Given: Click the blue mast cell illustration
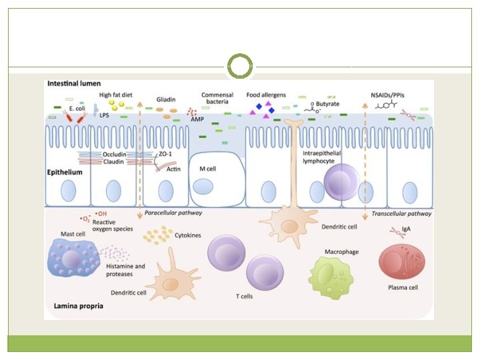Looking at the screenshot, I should coord(73,259).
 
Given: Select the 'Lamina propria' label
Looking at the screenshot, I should coord(75,307).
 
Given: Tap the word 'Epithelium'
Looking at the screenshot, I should coord(65,172).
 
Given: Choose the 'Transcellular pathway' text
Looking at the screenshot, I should coord(401,213).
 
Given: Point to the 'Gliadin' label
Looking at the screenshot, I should coord(167,97).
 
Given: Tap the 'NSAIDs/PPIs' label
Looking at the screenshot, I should coord(392,95).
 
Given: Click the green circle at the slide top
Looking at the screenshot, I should coord(240,67).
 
